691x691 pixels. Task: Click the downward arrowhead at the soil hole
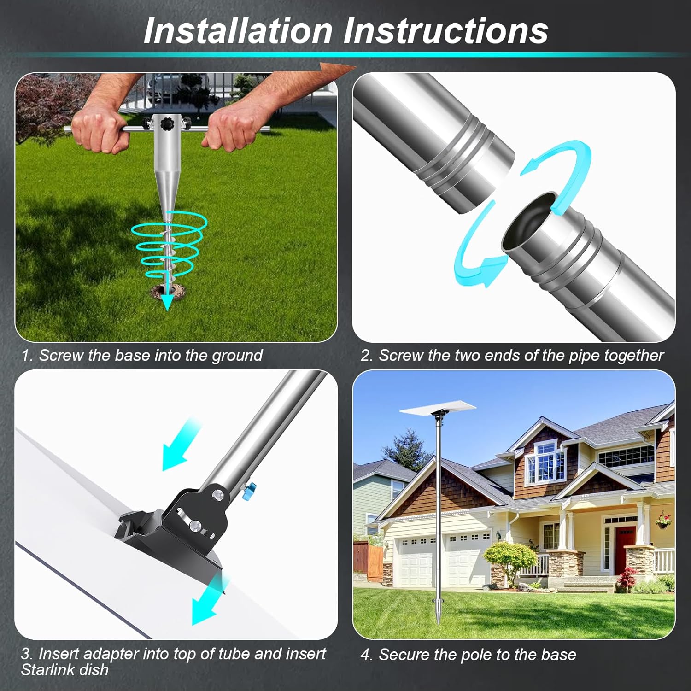coord(167,302)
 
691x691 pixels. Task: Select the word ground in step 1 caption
coord(237,356)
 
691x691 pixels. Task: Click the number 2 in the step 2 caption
coord(365,356)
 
